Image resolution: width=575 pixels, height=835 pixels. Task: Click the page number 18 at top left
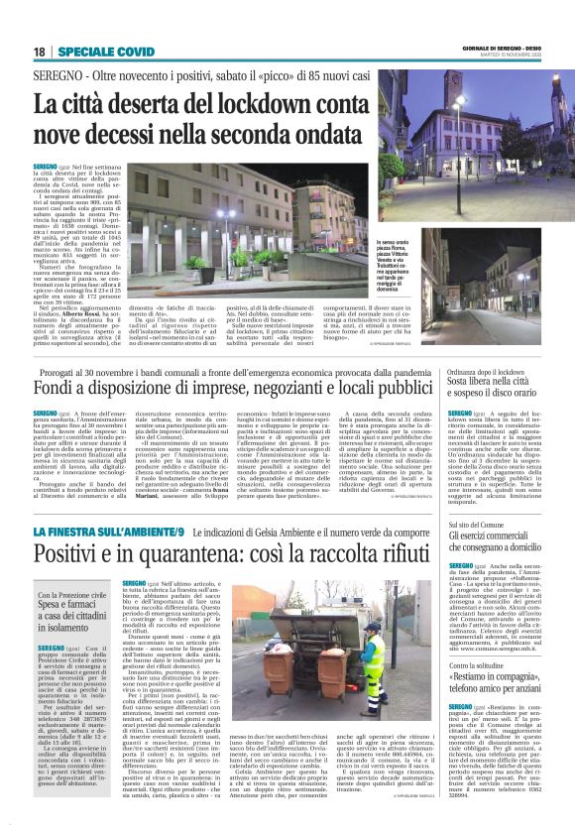coord(39,52)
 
